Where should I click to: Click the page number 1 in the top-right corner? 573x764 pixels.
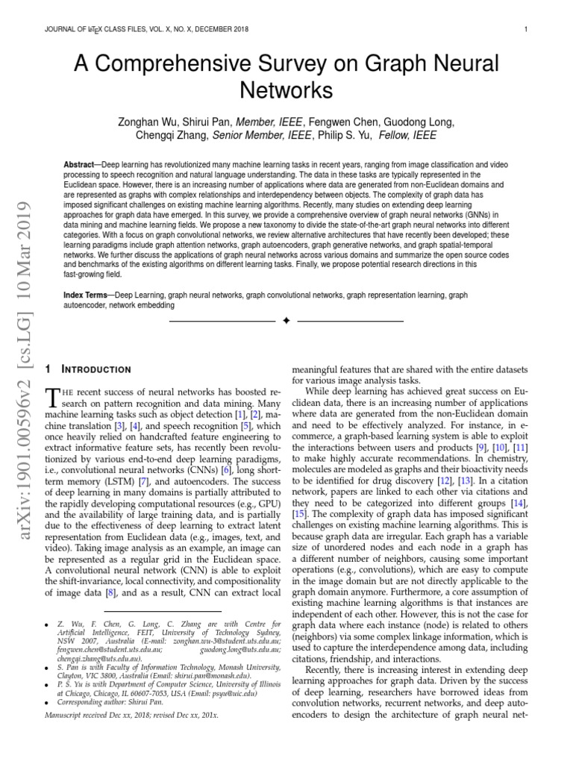(526, 30)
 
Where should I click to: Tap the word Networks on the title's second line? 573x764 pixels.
(286, 90)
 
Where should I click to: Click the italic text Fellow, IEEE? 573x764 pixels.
(408, 136)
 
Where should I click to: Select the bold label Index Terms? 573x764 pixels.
(87, 295)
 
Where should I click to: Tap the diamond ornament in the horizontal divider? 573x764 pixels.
(286, 321)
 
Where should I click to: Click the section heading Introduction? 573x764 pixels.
(97, 369)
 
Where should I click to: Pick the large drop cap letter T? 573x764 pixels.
(53, 397)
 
